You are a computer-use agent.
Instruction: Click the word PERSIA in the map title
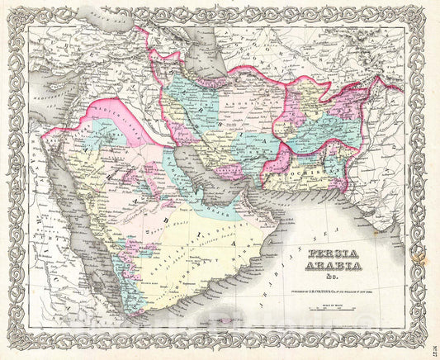coord(334,256)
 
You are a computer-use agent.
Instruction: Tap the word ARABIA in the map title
coord(334,268)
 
